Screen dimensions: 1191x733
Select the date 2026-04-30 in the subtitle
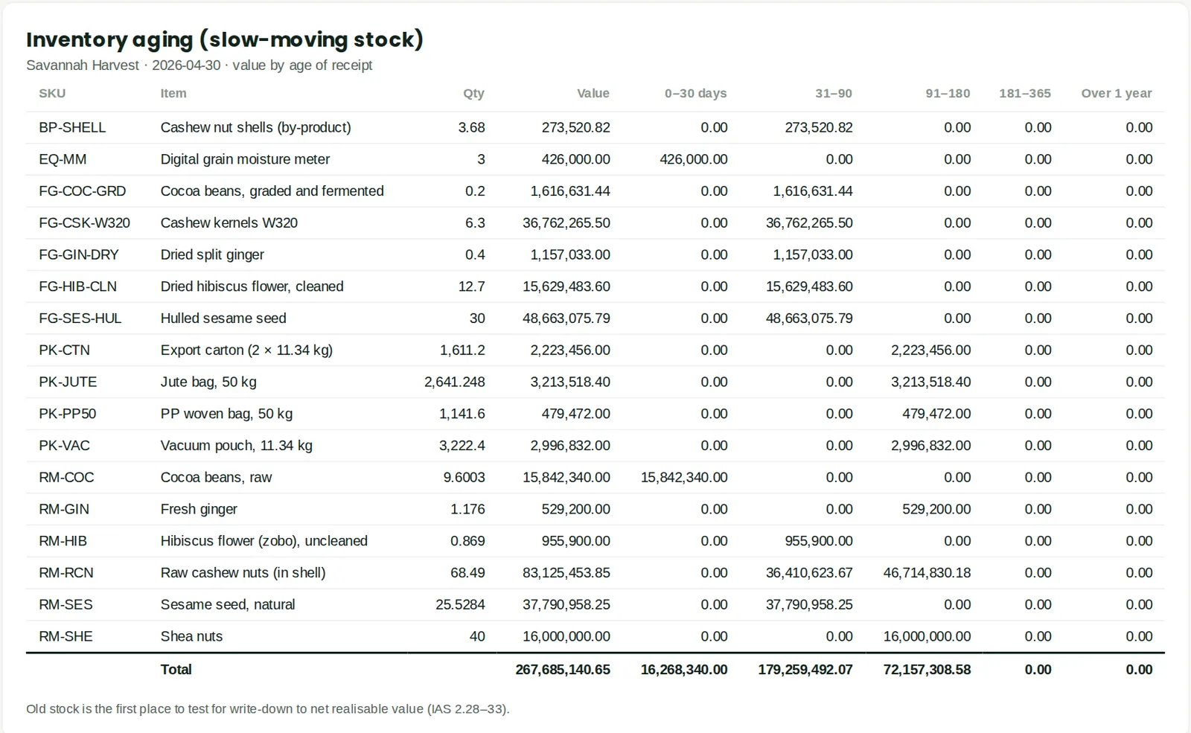pyautogui.click(x=186, y=65)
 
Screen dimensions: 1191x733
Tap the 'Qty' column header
pyautogui.click(x=473, y=94)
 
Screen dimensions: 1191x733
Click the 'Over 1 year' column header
pyautogui.click(x=1117, y=94)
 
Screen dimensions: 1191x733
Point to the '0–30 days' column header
pyautogui.click(x=695, y=94)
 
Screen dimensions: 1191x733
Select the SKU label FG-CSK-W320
pyautogui.click(x=85, y=223)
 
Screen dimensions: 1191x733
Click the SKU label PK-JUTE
pyautogui.click(x=68, y=382)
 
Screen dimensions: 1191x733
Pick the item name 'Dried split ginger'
pyautogui.click(x=212, y=255)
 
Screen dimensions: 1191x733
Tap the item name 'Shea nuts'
pyautogui.click(x=191, y=636)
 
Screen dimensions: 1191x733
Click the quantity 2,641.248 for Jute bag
pyautogui.click(x=455, y=382)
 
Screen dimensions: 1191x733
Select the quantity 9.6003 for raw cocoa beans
pyautogui.click(x=464, y=477)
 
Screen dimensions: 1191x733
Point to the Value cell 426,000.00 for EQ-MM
pyautogui.click(x=576, y=159)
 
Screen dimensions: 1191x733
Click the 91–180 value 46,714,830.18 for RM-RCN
pyautogui.click(x=927, y=573)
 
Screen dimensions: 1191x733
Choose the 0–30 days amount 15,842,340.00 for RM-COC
pyautogui.click(x=684, y=477)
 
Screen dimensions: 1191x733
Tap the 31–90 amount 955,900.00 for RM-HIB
pyautogui.click(x=819, y=541)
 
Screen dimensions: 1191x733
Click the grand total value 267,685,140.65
pyautogui.click(x=563, y=670)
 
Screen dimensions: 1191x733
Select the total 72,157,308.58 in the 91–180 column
pyautogui.click(x=927, y=670)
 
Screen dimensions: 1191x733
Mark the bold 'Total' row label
pyautogui.click(x=176, y=670)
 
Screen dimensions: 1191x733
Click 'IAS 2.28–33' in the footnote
pyautogui.click(x=466, y=709)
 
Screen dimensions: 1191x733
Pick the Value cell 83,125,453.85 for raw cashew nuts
pyautogui.click(x=566, y=573)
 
